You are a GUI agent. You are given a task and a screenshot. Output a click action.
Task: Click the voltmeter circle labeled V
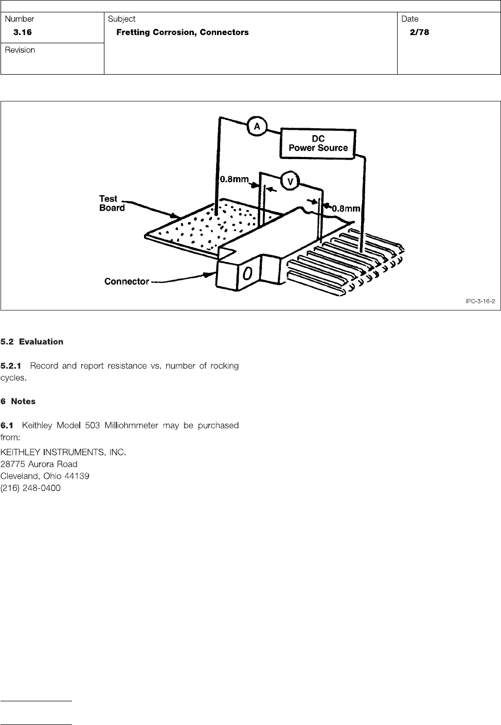(x=290, y=182)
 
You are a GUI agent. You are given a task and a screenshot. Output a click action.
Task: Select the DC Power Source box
(x=318, y=143)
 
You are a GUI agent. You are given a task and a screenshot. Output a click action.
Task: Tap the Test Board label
(x=112, y=203)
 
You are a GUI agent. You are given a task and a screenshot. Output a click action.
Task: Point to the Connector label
(x=127, y=282)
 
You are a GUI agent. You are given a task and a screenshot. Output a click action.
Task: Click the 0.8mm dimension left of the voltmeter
(x=234, y=180)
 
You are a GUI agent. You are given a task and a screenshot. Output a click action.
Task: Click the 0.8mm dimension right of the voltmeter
(x=345, y=209)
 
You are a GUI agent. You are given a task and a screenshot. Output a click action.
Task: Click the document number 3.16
(x=23, y=32)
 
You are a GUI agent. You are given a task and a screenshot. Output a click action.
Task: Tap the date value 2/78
(x=419, y=32)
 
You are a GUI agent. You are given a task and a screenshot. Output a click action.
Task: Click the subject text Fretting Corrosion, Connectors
(x=183, y=32)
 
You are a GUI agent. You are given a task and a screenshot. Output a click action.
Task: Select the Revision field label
(x=20, y=50)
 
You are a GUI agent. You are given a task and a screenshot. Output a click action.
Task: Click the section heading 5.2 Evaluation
(x=32, y=342)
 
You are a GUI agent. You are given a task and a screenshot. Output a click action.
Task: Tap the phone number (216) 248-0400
(x=30, y=488)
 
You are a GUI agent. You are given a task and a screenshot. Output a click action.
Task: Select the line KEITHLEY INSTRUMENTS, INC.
(x=63, y=453)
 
